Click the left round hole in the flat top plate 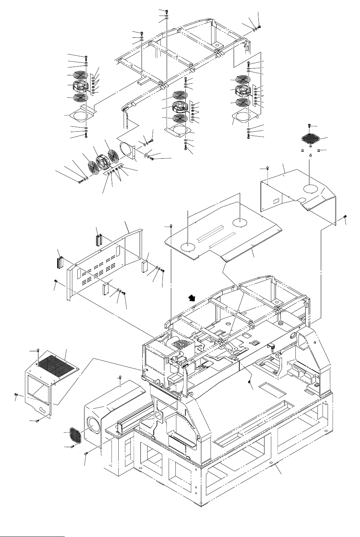188,247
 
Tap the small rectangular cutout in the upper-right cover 277,199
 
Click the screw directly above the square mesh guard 310,125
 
